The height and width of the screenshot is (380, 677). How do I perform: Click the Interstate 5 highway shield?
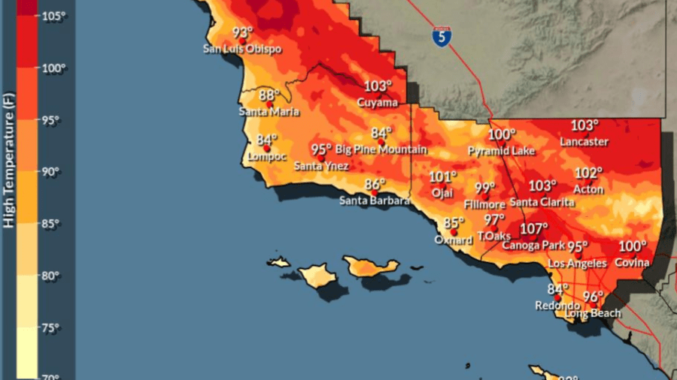coord(442,36)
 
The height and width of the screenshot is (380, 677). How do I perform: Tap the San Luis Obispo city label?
coord(242,49)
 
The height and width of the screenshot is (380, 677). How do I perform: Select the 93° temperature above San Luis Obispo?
coord(242,33)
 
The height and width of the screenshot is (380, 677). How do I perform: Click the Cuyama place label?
coord(377,101)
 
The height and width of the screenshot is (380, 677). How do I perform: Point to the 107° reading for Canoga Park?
coord(535,229)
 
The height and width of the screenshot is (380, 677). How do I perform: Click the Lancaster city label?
coord(584,141)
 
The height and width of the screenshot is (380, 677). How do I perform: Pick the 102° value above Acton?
coord(589,173)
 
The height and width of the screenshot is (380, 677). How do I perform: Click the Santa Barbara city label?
coord(375,201)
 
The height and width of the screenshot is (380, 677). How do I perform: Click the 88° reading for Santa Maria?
coord(269,96)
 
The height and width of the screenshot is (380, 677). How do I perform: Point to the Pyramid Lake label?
coord(502,151)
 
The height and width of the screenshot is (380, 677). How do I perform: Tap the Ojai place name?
coord(442,192)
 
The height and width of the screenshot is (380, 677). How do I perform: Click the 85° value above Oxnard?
coord(454,223)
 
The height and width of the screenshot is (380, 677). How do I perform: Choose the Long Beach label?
coord(594,312)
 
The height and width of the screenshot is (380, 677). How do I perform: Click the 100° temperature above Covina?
coord(633,247)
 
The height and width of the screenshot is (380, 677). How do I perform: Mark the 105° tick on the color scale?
coord(53,16)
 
